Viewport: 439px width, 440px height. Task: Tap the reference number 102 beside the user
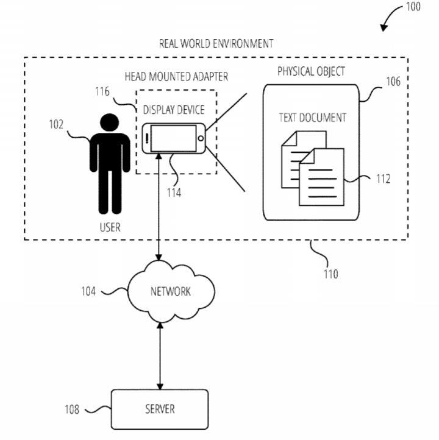[57, 125]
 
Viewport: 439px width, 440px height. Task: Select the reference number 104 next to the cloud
[89, 291]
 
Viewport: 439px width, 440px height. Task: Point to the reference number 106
[393, 81]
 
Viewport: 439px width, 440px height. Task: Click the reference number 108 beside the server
[72, 410]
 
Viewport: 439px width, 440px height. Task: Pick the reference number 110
[331, 274]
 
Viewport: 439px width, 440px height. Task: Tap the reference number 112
[384, 179]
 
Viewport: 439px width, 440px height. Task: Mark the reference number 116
[102, 92]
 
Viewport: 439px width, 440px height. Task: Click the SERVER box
[160, 408]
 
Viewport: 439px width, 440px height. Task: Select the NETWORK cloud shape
[170, 291]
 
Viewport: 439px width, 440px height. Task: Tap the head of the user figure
[110, 122]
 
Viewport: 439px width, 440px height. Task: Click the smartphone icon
[174, 139]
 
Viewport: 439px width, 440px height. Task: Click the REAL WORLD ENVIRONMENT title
[216, 43]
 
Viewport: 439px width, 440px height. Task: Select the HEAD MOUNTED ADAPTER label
[176, 77]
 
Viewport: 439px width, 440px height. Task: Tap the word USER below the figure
[110, 228]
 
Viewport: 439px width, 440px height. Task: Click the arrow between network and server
[160, 356]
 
